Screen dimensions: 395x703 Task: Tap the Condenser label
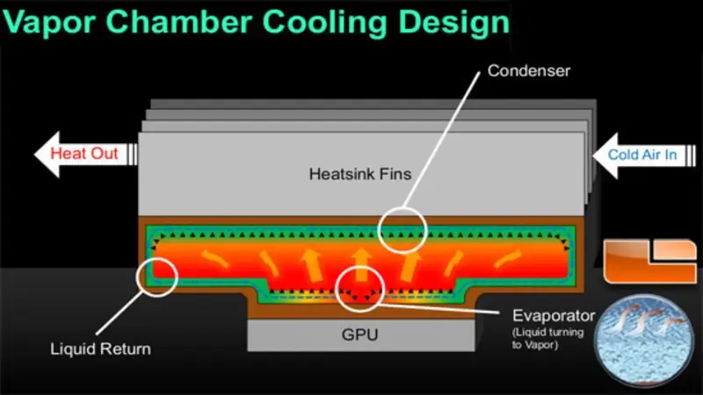click(x=529, y=71)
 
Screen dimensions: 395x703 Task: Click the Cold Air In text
click(x=642, y=155)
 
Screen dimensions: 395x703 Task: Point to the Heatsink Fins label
click(x=360, y=175)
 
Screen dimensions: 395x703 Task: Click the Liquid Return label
click(x=100, y=348)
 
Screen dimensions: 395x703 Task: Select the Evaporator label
click(x=554, y=315)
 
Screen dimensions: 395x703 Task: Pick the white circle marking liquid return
click(x=158, y=276)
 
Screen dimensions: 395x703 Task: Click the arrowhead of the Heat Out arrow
click(x=44, y=155)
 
